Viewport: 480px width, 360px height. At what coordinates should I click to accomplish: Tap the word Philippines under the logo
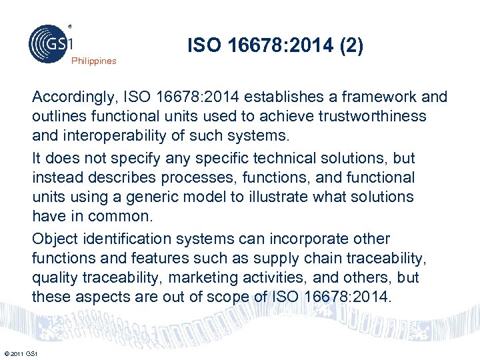93,61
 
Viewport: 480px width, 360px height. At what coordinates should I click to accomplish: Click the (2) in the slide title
351,46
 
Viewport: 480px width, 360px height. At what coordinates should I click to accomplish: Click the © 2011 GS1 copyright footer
21,353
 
